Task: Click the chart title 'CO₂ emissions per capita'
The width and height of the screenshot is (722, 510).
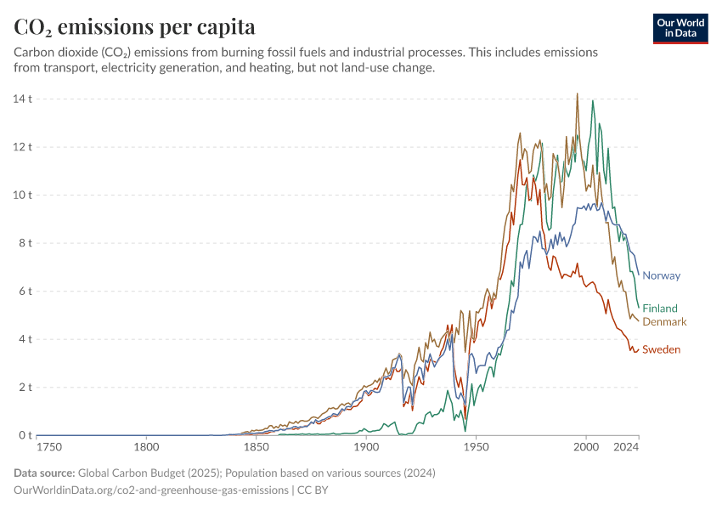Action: coord(134,27)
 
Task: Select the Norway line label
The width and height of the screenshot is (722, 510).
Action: coord(661,275)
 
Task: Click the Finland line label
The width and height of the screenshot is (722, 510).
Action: coord(660,309)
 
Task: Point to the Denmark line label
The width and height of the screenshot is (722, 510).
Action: coord(664,322)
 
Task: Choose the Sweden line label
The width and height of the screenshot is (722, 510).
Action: coord(661,349)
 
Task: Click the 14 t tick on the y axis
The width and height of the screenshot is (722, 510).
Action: coord(22,99)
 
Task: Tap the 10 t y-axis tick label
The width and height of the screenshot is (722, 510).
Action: coord(22,195)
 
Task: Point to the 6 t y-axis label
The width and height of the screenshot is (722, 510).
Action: coord(25,291)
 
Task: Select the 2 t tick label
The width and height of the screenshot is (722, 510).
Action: coord(25,387)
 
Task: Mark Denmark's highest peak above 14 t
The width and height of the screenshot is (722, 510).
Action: coord(578,94)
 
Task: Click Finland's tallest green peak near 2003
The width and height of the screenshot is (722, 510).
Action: coord(593,101)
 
